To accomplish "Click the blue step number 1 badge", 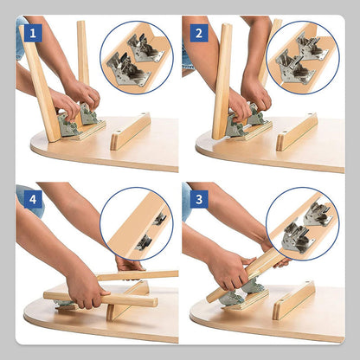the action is tap(33, 33).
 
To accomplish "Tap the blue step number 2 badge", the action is tap(199, 33).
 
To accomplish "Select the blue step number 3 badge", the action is tap(199, 199).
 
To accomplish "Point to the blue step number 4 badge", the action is tap(33, 199).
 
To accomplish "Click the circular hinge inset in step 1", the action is tap(137, 57).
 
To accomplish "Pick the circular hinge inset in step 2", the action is tap(303, 57).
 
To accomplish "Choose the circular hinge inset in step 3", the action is tap(303, 224).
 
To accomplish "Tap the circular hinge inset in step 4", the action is tap(137, 224).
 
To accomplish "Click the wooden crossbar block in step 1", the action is tap(131, 132).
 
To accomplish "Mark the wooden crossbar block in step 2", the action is tap(297, 132).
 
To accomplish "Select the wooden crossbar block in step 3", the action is tap(294, 300).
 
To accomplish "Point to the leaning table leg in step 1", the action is tap(40, 84).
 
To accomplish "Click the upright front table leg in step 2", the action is tap(222, 81).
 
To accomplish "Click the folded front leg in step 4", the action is tap(101, 299).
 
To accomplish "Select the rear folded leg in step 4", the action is tap(137, 275).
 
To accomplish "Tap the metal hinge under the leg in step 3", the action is tap(241, 292).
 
